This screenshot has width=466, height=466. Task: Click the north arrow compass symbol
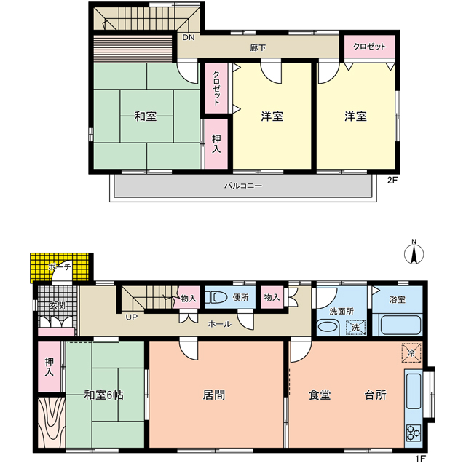pyautogui.click(x=414, y=253)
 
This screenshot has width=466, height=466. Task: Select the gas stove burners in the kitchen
pyautogui.click(x=414, y=433)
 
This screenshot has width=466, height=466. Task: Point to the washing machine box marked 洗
pyautogui.click(x=356, y=328)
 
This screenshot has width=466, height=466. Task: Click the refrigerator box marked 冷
pyautogui.click(x=411, y=352)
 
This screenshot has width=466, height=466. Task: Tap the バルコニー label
pyautogui.click(x=243, y=186)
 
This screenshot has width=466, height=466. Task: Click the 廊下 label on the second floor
pyautogui.click(x=258, y=47)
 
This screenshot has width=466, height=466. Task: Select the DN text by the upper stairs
pyautogui.click(x=189, y=37)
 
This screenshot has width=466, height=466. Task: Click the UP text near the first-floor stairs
pyautogui.click(x=131, y=317)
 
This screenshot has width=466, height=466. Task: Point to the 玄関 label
pyautogui.click(x=57, y=305)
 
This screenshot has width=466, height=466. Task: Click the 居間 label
pyautogui.click(x=214, y=395)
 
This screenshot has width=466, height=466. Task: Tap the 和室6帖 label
pyautogui.click(x=103, y=395)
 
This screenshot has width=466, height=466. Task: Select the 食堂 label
pyautogui.click(x=320, y=395)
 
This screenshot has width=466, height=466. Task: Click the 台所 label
pyautogui.click(x=376, y=395)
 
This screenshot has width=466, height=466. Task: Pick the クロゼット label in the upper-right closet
pyautogui.click(x=369, y=47)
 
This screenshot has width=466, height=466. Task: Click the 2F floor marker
pyautogui.click(x=392, y=181)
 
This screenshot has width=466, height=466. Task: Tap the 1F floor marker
pyautogui.click(x=421, y=459)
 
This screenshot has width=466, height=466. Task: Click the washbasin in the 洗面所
pyautogui.click(x=328, y=327)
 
